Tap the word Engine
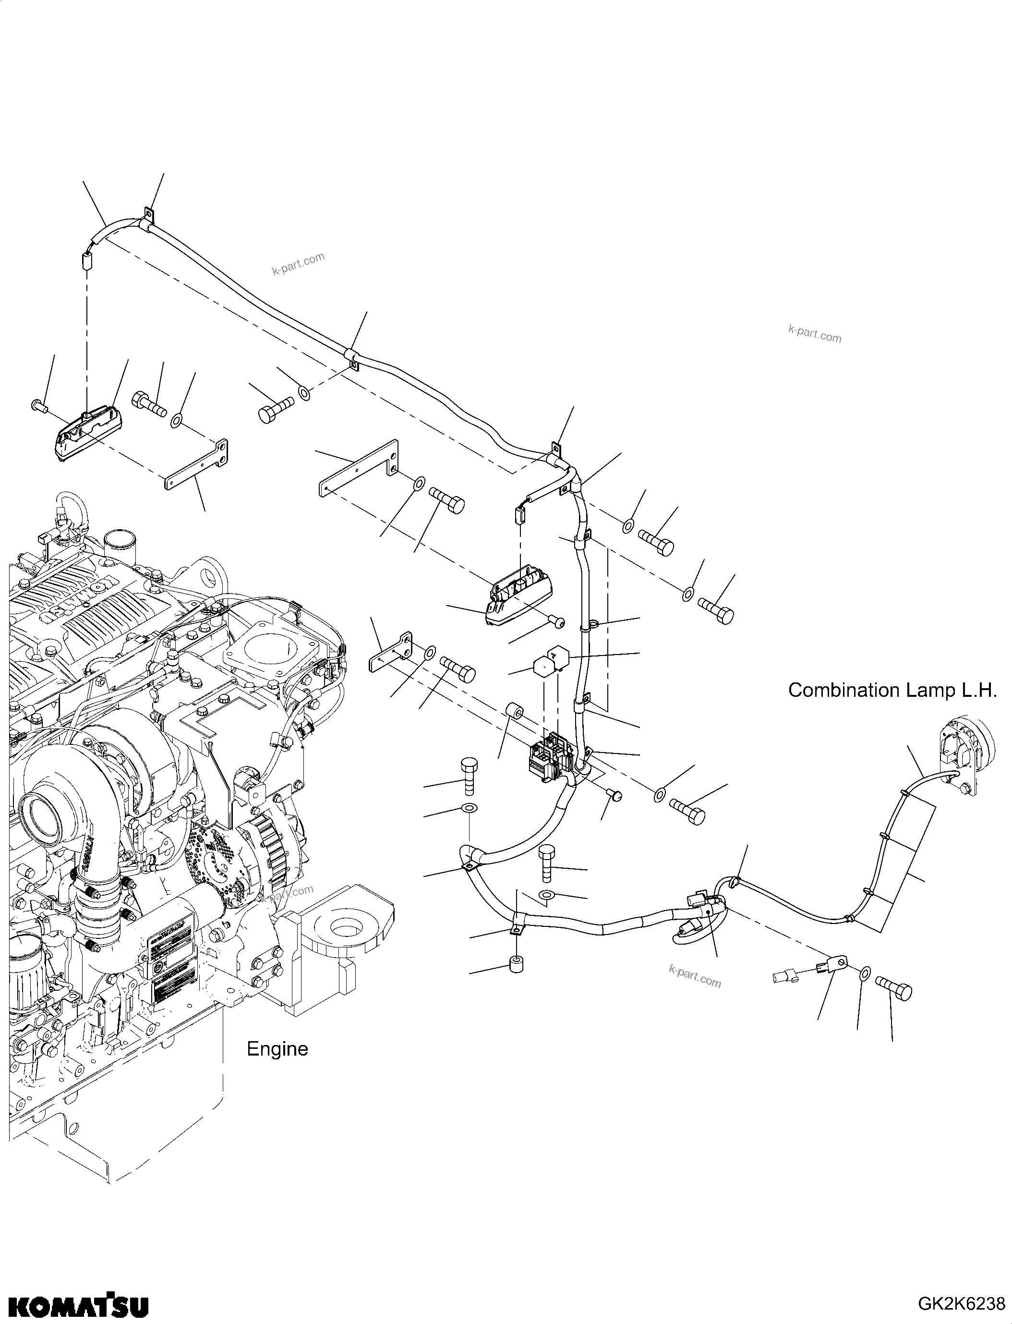coord(277,1049)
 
